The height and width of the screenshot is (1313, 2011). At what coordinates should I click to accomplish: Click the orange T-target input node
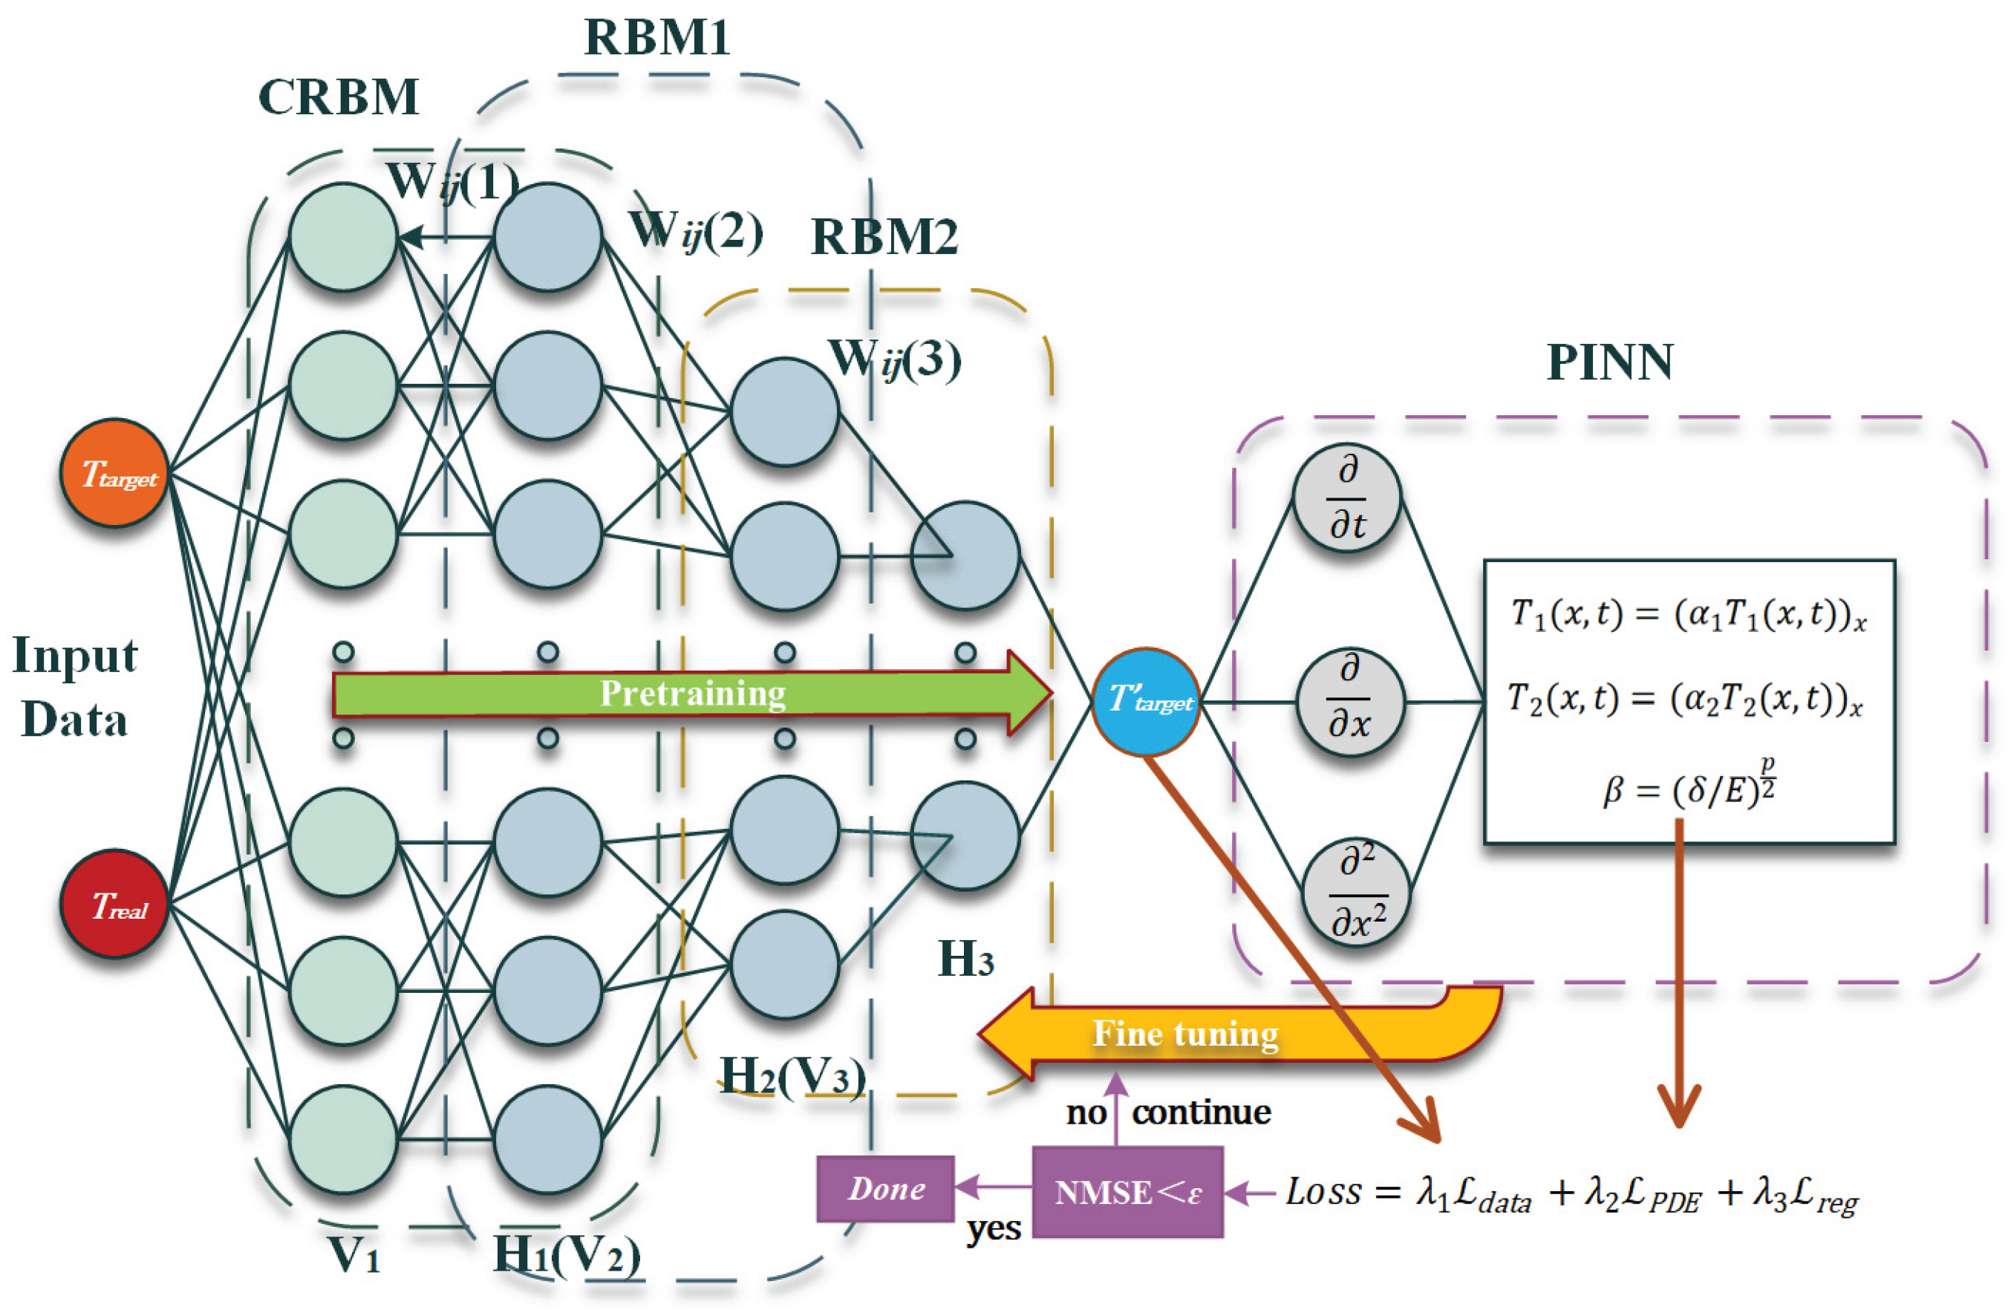(x=114, y=473)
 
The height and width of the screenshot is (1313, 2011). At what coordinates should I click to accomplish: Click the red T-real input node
(x=114, y=904)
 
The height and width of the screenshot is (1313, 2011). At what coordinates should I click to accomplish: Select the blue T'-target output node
(x=1146, y=701)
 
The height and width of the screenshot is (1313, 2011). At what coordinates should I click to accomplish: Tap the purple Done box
(x=885, y=1189)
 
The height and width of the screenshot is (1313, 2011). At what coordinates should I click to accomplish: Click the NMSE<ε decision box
(x=1127, y=1192)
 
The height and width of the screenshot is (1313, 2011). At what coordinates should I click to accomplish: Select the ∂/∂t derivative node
(x=1347, y=498)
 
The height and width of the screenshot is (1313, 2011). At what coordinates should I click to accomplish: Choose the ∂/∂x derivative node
(x=1349, y=701)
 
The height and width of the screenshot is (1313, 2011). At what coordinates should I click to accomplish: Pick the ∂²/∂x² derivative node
(x=1356, y=892)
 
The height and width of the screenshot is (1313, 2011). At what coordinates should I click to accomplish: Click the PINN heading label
(x=1610, y=363)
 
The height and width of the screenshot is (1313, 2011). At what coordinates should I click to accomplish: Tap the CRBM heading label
(x=338, y=97)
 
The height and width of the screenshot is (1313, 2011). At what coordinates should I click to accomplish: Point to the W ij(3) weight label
(x=896, y=360)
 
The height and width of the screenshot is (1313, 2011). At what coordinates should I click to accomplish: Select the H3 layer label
(x=966, y=959)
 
